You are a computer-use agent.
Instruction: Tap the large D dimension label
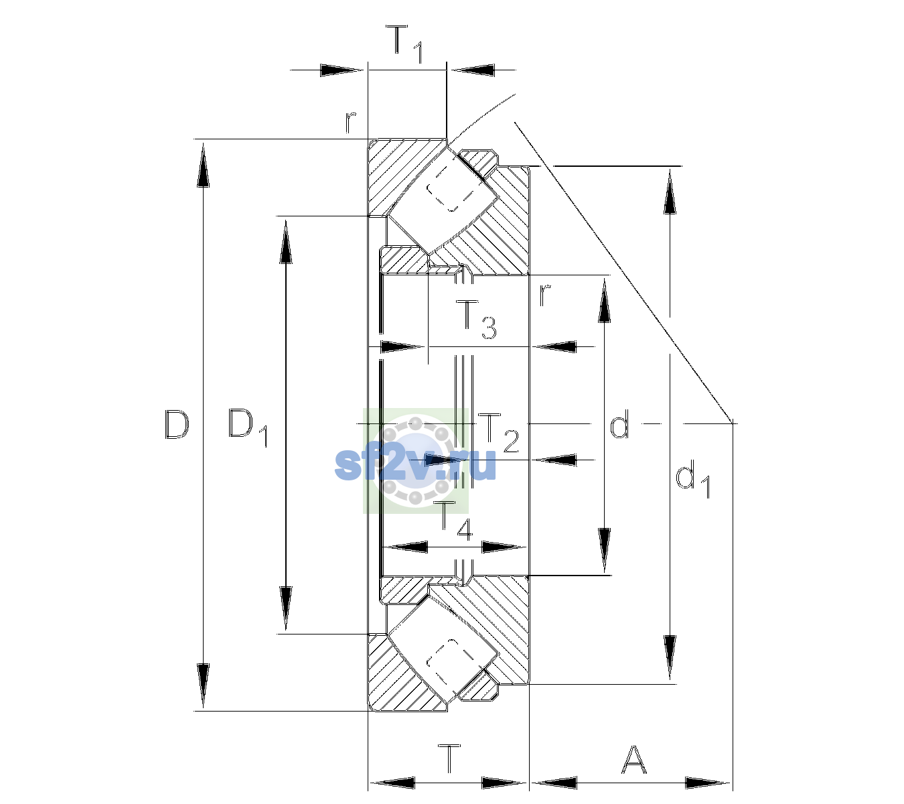(x=177, y=425)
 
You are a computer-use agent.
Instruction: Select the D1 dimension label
(x=248, y=427)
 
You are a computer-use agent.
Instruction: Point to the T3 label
(x=476, y=320)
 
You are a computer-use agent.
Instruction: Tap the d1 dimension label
(x=693, y=481)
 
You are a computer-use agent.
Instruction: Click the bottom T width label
(x=450, y=758)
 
